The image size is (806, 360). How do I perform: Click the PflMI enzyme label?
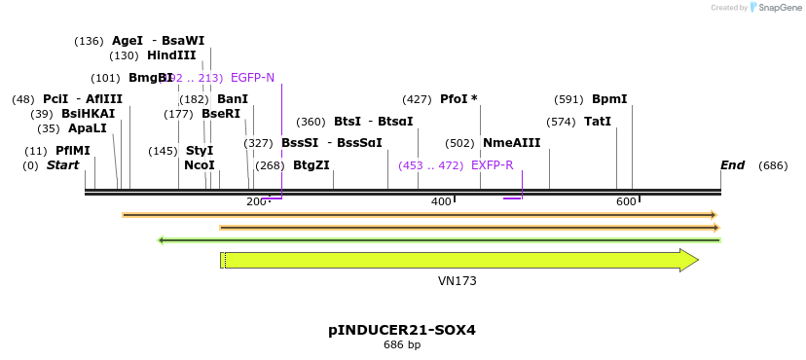point(72,151)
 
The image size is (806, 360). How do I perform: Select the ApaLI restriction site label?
point(87,128)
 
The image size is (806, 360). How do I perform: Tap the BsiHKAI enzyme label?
point(88,114)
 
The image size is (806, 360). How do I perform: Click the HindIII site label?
point(171,55)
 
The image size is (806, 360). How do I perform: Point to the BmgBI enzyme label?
point(151,78)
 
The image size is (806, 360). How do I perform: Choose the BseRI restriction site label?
point(220,114)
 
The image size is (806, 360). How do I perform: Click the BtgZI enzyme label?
point(311,165)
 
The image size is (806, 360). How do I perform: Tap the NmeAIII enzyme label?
point(511,143)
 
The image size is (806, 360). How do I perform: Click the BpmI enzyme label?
point(609,99)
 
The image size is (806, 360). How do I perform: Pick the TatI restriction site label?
point(598,122)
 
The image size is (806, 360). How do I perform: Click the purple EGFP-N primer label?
point(252,78)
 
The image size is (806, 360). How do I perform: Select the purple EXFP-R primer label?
point(492,165)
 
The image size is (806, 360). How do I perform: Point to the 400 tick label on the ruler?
point(441,201)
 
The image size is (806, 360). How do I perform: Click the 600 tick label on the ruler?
point(626,201)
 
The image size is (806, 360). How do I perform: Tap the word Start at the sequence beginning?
point(62,165)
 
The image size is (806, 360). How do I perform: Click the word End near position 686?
point(732,165)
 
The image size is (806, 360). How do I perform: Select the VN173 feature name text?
point(457,281)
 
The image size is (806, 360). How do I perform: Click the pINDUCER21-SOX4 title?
point(401,330)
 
